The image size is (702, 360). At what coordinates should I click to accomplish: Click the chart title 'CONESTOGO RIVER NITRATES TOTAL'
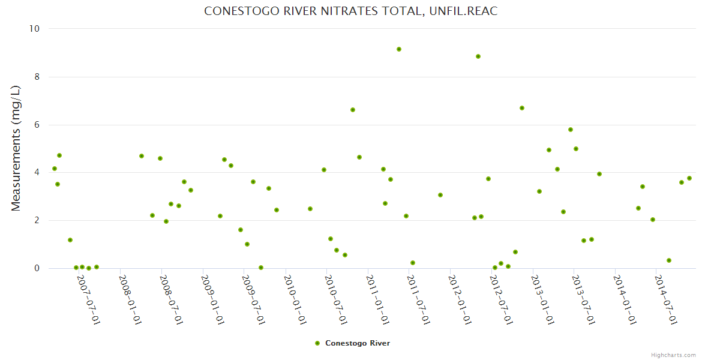(x=350, y=11)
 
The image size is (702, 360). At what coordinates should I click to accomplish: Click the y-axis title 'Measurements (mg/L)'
(x=16, y=148)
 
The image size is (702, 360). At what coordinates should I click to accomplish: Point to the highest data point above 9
(x=399, y=49)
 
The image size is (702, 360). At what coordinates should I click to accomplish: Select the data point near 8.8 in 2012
(x=478, y=56)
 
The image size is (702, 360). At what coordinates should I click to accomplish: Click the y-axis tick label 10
(x=34, y=29)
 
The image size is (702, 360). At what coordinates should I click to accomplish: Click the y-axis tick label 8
(x=36, y=77)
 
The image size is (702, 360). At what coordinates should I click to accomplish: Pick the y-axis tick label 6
(x=36, y=125)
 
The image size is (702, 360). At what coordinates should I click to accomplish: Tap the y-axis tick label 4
(x=36, y=173)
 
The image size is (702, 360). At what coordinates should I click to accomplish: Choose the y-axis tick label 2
(x=36, y=220)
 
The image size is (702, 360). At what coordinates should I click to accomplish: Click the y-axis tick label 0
(x=36, y=268)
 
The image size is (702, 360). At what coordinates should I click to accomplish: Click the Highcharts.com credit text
(x=673, y=355)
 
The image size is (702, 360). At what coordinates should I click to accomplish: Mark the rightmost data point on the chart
(x=689, y=178)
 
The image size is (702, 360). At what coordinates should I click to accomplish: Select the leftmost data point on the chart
(x=55, y=169)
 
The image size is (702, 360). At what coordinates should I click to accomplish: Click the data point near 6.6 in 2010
(x=353, y=110)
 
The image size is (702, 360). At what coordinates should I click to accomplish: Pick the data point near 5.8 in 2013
(x=571, y=130)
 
